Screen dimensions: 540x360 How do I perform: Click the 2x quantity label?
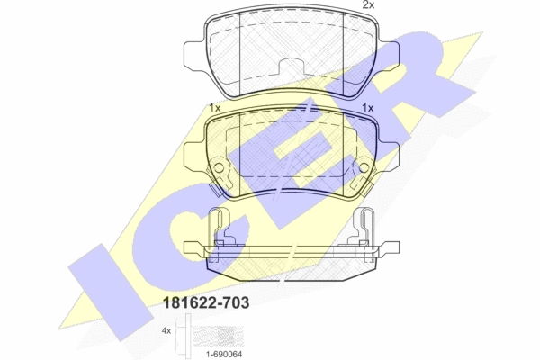pos(368,4)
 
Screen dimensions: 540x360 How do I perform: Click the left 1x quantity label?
pos(215,108)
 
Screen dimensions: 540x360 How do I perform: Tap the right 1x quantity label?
pos(368,108)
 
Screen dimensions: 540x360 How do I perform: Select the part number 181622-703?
pos(205,302)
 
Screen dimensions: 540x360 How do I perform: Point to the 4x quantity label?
pos(166,331)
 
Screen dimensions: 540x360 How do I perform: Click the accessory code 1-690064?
pos(224,354)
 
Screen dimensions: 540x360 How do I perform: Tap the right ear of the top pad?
pos(389,55)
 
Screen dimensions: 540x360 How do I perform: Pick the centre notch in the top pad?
pos(292,66)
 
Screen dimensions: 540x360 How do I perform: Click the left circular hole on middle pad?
pos(220,167)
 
